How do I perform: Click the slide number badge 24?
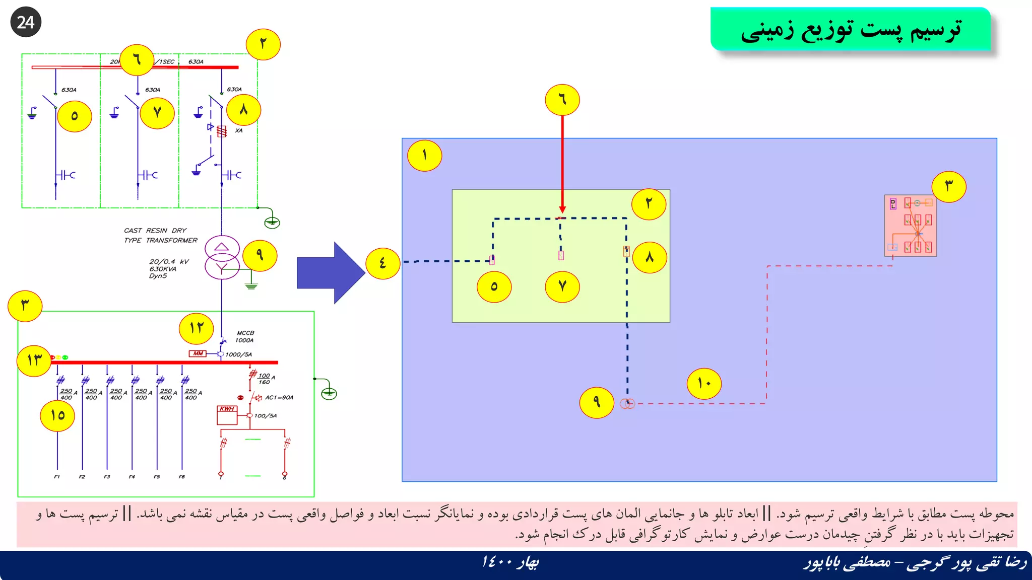[26, 22]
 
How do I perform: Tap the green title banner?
[851, 29]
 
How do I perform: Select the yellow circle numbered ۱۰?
[704, 384]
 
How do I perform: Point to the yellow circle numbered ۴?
[383, 263]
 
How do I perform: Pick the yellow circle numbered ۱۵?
[57, 415]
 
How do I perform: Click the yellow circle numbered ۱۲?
[197, 328]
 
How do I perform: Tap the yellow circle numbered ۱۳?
[34, 360]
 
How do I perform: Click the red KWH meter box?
[227, 414]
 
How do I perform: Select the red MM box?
[198, 353]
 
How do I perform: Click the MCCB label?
[245, 333]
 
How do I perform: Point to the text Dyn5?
[158, 276]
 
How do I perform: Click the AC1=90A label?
[279, 397]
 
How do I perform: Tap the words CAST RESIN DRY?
[155, 231]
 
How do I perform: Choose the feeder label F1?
[57, 476]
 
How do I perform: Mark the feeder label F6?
[182, 476]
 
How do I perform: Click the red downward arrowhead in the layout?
[562, 209]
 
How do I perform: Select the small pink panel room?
[911, 226]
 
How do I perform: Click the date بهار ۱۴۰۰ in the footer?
[510, 562]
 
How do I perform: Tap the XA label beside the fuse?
[239, 130]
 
